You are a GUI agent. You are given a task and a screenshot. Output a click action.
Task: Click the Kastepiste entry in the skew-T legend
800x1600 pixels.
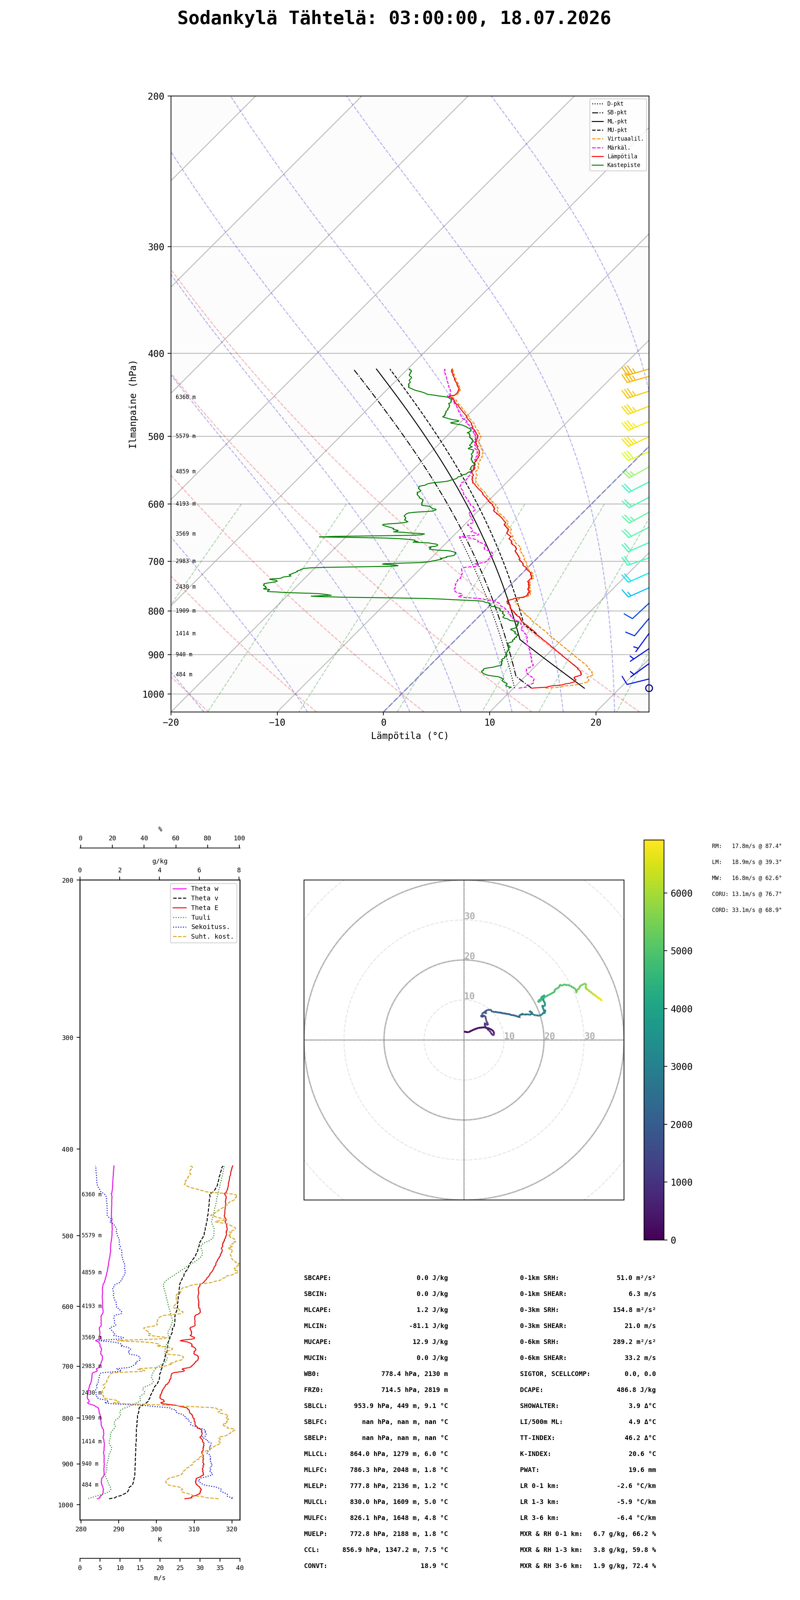(624, 165)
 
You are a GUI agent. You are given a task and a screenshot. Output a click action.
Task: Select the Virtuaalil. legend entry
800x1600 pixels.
(625, 139)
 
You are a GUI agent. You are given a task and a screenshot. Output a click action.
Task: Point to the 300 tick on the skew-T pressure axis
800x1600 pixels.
(156, 247)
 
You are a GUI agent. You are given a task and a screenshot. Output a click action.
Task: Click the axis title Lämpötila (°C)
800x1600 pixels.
(410, 736)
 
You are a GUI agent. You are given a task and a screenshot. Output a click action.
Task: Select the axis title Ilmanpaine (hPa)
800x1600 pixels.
(133, 404)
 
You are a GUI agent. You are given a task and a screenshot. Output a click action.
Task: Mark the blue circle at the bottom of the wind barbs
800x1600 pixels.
(649, 688)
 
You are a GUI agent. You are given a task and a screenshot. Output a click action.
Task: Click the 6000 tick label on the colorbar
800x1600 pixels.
(681, 893)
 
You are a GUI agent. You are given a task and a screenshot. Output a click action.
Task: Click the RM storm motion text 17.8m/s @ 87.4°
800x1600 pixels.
(757, 846)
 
